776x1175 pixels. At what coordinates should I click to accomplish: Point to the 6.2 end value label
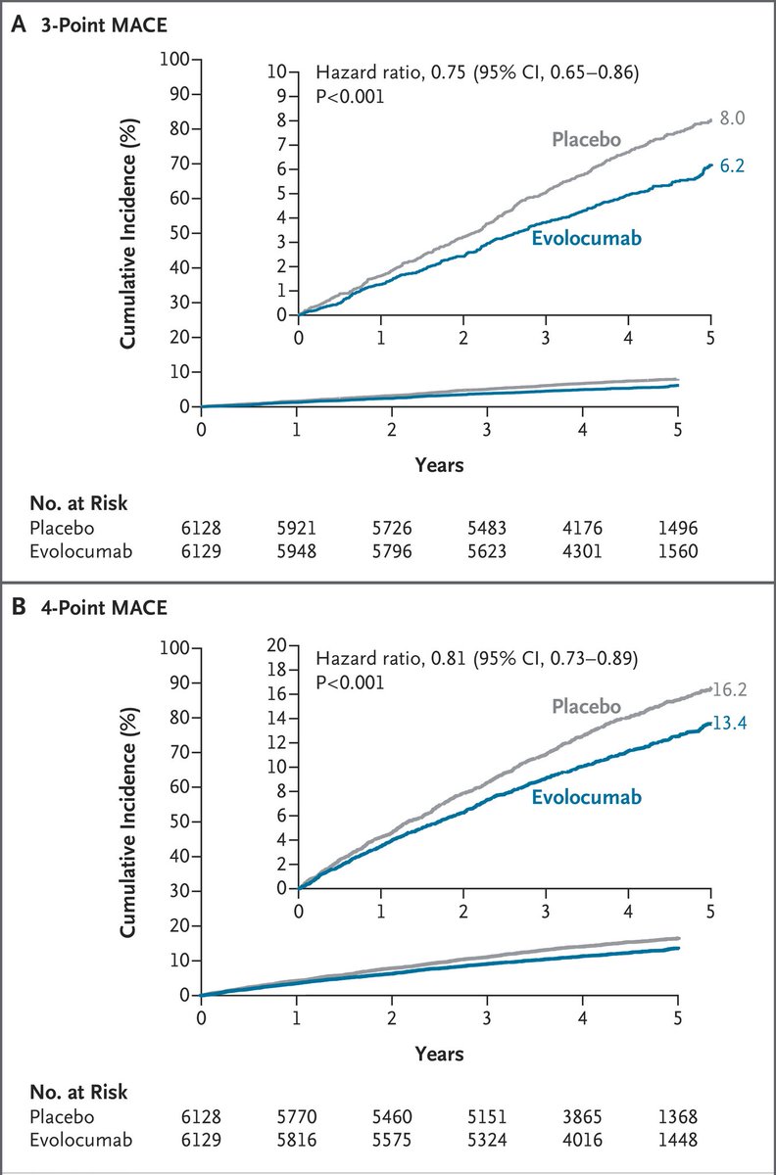731,166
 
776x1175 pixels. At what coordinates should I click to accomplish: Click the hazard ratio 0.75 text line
475,71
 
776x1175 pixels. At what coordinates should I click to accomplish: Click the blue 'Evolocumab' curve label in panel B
586,797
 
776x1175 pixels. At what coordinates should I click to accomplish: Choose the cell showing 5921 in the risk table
296,528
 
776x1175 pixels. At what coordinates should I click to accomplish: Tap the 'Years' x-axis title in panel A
439,465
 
